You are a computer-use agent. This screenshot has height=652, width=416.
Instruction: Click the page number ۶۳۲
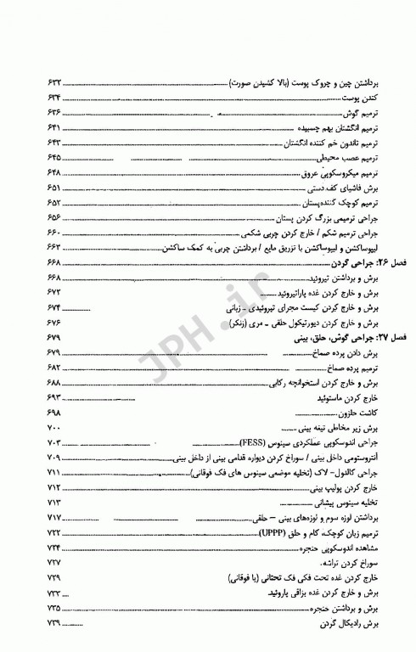tap(52, 86)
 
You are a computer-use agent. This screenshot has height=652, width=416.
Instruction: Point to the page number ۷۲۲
tap(53, 531)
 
